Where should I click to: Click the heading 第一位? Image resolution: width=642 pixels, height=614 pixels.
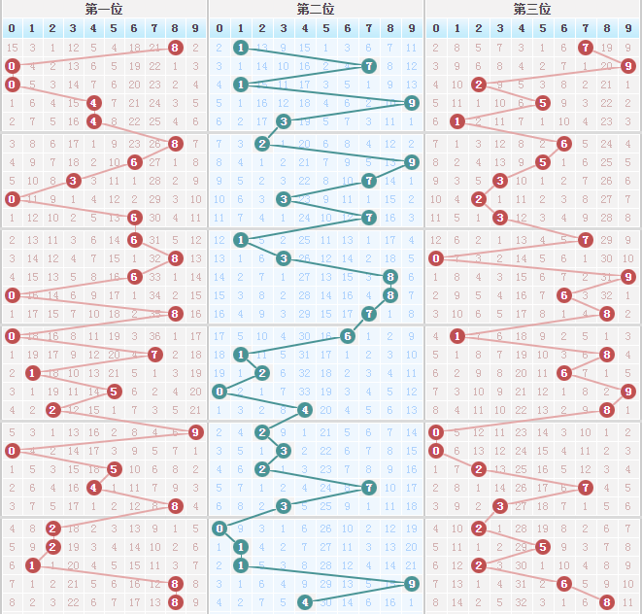(x=103, y=9)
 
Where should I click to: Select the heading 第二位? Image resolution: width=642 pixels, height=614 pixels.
(x=316, y=9)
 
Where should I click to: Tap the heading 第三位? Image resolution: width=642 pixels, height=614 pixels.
(x=531, y=9)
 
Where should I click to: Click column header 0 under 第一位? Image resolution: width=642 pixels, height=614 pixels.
(x=12, y=27)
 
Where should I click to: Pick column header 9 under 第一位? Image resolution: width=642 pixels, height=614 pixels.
(x=195, y=27)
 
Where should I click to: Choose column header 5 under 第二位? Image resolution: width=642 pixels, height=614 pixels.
(x=326, y=27)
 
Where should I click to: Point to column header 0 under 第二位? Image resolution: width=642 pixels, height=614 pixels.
(x=220, y=27)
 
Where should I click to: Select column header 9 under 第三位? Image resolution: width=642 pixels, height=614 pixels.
(x=628, y=27)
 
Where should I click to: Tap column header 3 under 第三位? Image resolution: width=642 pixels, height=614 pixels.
(x=499, y=27)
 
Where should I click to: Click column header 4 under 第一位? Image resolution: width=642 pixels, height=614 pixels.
(x=93, y=27)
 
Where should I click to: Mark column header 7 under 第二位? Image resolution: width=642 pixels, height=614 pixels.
(x=369, y=27)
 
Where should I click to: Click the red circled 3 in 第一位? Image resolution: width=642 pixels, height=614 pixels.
(x=73, y=181)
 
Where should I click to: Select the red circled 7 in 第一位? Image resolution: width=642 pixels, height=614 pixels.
(x=154, y=355)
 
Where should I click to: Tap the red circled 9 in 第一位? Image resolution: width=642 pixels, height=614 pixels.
(x=195, y=432)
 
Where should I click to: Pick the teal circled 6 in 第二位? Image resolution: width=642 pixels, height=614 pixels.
(x=348, y=335)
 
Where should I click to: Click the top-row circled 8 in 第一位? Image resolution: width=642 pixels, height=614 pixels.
(x=175, y=47)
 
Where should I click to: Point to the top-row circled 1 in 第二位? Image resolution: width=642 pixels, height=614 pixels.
(x=241, y=47)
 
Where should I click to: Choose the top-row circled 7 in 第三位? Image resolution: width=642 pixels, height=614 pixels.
(x=586, y=47)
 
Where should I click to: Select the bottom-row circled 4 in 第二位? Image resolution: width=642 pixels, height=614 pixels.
(x=305, y=602)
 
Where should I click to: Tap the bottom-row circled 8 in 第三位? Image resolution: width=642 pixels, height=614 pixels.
(x=607, y=602)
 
